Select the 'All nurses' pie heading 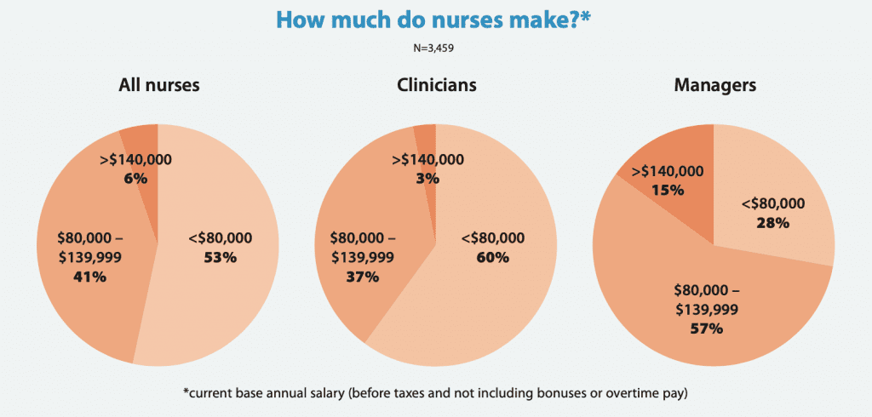point(158,85)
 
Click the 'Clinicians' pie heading point(436,85)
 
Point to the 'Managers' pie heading point(714,85)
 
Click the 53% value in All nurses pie point(220,257)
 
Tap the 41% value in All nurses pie point(89,277)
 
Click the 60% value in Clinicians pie point(492,257)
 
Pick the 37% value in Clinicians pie point(362,277)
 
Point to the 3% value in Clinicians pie point(427,179)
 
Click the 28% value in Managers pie point(772,222)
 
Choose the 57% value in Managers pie point(706,327)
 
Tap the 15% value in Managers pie point(668,190)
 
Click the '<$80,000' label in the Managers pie point(772,203)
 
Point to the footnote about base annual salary point(436,393)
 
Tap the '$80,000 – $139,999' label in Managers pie point(706,300)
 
